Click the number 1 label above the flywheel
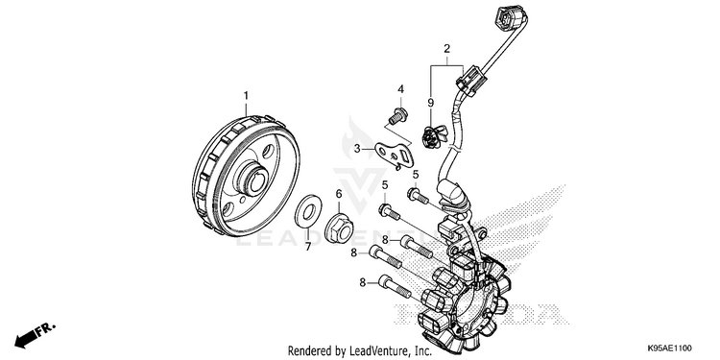tap(246, 95)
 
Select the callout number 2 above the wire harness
tap(446, 48)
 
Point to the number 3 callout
tap(357, 148)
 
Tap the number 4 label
tap(401, 89)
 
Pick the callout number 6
tap(339, 193)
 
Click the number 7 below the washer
tap(308, 247)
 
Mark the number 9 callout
tap(431, 103)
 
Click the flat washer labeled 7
tap(308, 211)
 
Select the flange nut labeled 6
tap(339, 228)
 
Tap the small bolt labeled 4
tap(397, 116)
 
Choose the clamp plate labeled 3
tap(395, 155)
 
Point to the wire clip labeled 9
tap(434, 136)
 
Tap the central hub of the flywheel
tap(254, 179)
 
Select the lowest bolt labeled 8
tap(395, 286)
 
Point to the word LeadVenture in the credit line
tap(376, 351)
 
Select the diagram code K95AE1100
tap(669, 348)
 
